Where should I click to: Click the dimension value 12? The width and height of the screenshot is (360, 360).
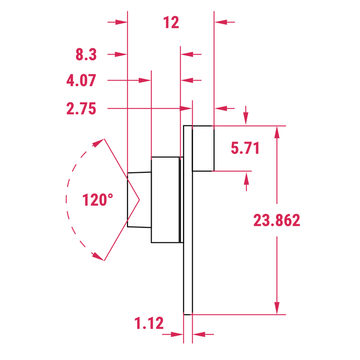pyautogui.click(x=171, y=23)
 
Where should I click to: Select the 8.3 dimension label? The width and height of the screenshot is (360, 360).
pyautogui.click(x=86, y=54)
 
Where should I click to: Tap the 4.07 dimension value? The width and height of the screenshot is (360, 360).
pyautogui.click(x=81, y=81)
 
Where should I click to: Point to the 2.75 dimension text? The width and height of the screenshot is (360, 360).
pyautogui.click(x=81, y=109)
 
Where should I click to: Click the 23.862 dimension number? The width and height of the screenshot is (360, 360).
pyautogui.click(x=277, y=220)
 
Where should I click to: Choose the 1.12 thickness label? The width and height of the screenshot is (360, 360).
pyautogui.click(x=149, y=323)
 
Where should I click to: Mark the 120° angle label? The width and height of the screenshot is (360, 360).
pyautogui.click(x=98, y=200)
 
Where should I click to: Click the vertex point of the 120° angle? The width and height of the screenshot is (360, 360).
pyautogui.click(x=139, y=200)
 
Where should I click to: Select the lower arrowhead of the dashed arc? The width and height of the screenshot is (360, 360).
pyautogui.click(x=96, y=256)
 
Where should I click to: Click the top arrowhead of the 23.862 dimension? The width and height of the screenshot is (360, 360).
pyautogui.click(x=277, y=132)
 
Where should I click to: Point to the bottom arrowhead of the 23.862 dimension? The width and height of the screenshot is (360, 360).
pyautogui.click(x=277, y=308)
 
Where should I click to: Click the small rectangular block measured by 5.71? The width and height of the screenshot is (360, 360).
pyautogui.click(x=203, y=148)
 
